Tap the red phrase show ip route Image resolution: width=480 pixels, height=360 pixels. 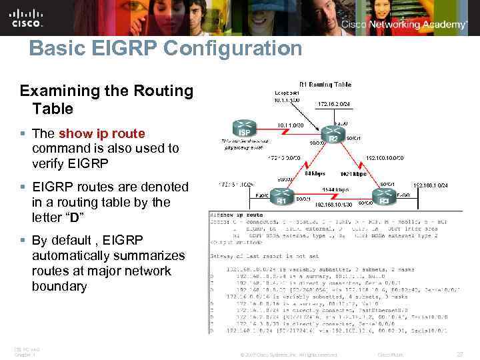101,133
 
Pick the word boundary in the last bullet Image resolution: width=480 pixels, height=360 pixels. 59,286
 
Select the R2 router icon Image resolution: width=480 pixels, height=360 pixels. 331,136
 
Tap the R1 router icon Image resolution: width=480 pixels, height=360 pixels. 281,197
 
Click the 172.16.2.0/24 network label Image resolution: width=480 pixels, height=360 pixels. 334,105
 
